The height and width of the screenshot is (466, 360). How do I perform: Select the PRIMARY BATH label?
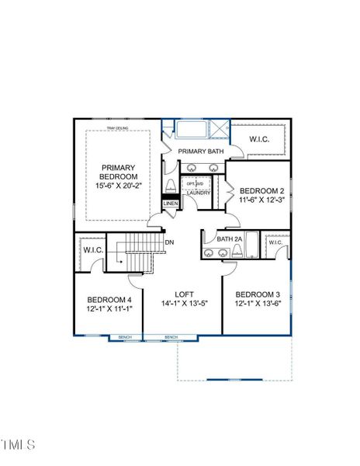point(201,151)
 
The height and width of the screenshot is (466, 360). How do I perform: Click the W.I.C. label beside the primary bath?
point(259,139)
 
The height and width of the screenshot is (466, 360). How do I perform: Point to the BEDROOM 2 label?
point(261,191)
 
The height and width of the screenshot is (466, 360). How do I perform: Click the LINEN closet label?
point(170,203)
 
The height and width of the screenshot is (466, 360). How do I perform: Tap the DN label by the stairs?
point(169,242)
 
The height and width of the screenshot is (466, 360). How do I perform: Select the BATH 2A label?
point(230,239)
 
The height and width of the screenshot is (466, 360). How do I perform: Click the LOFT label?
point(184,294)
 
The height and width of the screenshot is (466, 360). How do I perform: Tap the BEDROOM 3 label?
point(257,294)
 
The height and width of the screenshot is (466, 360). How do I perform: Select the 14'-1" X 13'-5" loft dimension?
point(184,304)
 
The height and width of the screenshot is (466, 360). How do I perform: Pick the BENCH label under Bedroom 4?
point(125,337)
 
